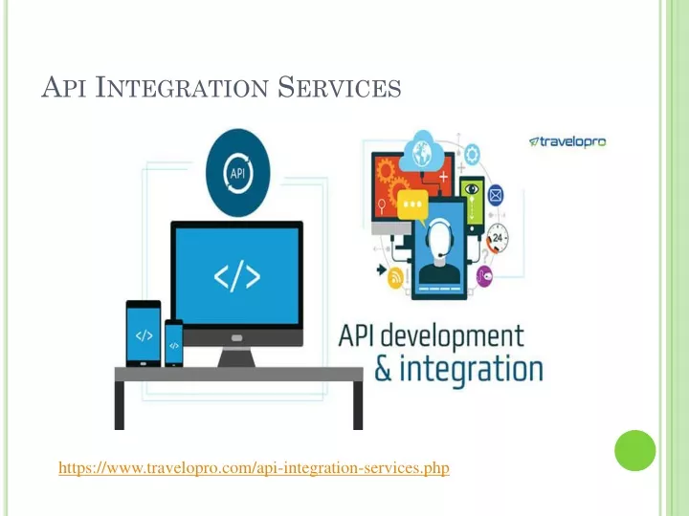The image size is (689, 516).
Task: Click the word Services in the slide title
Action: tap(339, 87)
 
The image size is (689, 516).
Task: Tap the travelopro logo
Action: tap(567, 141)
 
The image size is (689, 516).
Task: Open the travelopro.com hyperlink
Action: tap(254, 467)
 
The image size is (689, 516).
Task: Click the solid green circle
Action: tap(635, 451)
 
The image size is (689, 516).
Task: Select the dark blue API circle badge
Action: tap(237, 172)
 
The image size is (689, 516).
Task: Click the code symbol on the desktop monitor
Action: tap(237, 276)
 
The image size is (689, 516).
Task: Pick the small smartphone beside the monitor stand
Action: tap(174, 343)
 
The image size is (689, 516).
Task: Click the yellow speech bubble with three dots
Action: tap(412, 205)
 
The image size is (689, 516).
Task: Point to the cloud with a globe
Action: tap(422, 150)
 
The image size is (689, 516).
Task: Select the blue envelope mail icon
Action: tap(496, 195)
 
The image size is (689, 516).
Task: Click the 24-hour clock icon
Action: tap(498, 238)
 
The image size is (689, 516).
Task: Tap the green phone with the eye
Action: tap(472, 204)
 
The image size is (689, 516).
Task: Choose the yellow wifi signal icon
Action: tap(395, 278)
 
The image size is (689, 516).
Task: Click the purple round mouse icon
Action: tap(484, 276)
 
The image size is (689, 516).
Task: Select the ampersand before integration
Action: tap(383, 370)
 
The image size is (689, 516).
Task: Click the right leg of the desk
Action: tap(358, 405)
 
